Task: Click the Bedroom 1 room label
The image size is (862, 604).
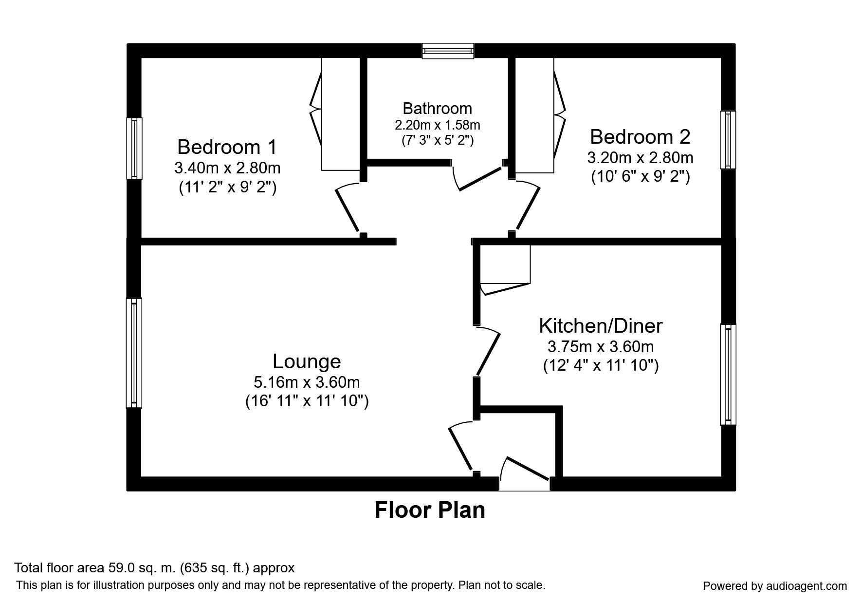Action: coord(227,147)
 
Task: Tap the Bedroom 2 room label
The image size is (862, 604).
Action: coord(640,137)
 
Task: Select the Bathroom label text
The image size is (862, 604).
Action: coord(437,108)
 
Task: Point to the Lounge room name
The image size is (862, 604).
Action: coord(307,361)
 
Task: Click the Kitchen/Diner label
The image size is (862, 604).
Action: coord(601,326)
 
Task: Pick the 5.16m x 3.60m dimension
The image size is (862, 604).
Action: coord(307,382)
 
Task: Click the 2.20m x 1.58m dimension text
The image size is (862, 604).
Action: coord(437,125)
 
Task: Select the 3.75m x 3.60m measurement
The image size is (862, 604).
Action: coord(601,347)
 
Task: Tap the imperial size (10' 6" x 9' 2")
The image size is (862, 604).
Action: coord(640,176)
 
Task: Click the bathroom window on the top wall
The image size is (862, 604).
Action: coord(448,51)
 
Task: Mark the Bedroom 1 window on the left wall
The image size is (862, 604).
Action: coord(134,148)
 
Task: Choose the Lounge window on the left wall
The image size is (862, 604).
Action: coord(134,353)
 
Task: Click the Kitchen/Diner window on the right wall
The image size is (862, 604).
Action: coord(728,374)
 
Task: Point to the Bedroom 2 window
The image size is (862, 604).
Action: coord(728,140)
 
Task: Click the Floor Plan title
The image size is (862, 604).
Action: coord(430,510)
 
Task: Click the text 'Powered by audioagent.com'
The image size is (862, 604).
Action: coord(775,586)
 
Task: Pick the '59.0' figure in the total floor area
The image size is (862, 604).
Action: coord(119,568)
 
